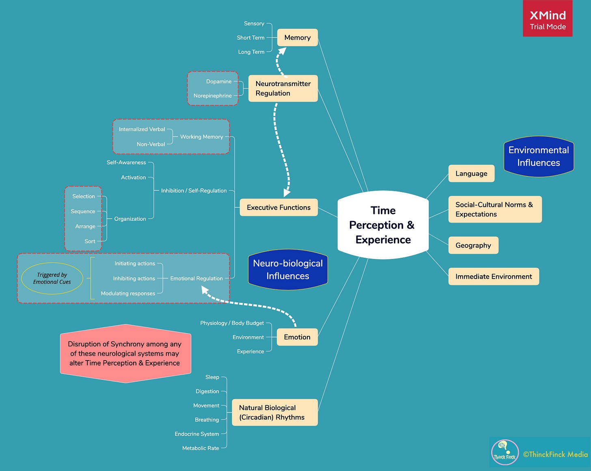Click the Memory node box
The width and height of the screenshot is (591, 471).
point(297,38)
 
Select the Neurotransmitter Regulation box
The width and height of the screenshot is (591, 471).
point(283,89)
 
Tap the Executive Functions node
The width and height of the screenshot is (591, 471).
point(278,207)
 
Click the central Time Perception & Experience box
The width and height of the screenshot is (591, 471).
point(383,225)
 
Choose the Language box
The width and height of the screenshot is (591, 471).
point(471,174)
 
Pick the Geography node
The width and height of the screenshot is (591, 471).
point(473,245)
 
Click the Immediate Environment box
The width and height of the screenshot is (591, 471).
point(494,277)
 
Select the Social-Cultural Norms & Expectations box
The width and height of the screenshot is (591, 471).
point(494,210)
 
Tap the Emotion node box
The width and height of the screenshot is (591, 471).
point(297,337)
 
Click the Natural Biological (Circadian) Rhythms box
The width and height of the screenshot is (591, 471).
point(274,413)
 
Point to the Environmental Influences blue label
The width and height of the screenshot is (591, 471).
point(538,156)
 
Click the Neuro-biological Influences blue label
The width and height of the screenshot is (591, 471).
point(288,270)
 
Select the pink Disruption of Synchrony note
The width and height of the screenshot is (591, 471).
point(125,353)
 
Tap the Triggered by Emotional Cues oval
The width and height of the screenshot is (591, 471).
point(52,279)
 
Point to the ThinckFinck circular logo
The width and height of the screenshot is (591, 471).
point(505,453)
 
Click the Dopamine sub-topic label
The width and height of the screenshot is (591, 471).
point(219,82)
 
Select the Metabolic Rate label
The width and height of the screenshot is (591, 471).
point(201,448)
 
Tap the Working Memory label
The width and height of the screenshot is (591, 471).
point(201,137)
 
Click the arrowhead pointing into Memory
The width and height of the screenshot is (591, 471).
point(282,51)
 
